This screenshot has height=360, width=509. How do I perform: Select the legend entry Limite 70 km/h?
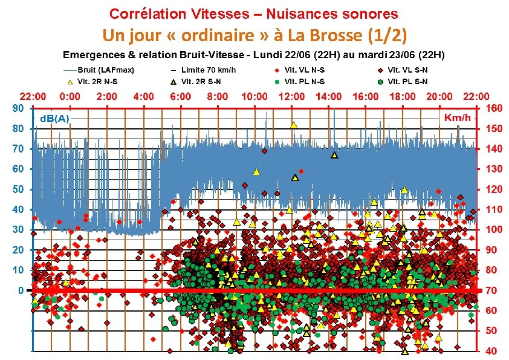point(206,70)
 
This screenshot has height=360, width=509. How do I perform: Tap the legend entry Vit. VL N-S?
point(305,70)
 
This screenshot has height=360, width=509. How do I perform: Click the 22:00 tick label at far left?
point(33,96)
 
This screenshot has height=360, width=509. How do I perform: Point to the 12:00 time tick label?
point(292,96)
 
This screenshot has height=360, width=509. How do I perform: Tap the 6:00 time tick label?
point(181,96)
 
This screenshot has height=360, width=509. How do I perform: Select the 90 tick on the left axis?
point(19,109)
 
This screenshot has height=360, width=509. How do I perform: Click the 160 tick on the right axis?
point(494,109)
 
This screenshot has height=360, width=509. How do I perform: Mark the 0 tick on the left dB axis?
point(21,290)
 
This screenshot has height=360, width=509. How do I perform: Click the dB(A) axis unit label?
point(54,118)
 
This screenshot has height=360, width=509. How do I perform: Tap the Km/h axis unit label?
point(457,117)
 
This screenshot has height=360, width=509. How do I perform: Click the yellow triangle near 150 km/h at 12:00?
point(294,125)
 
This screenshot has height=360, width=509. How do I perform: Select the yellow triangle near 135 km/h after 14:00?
point(334,155)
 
